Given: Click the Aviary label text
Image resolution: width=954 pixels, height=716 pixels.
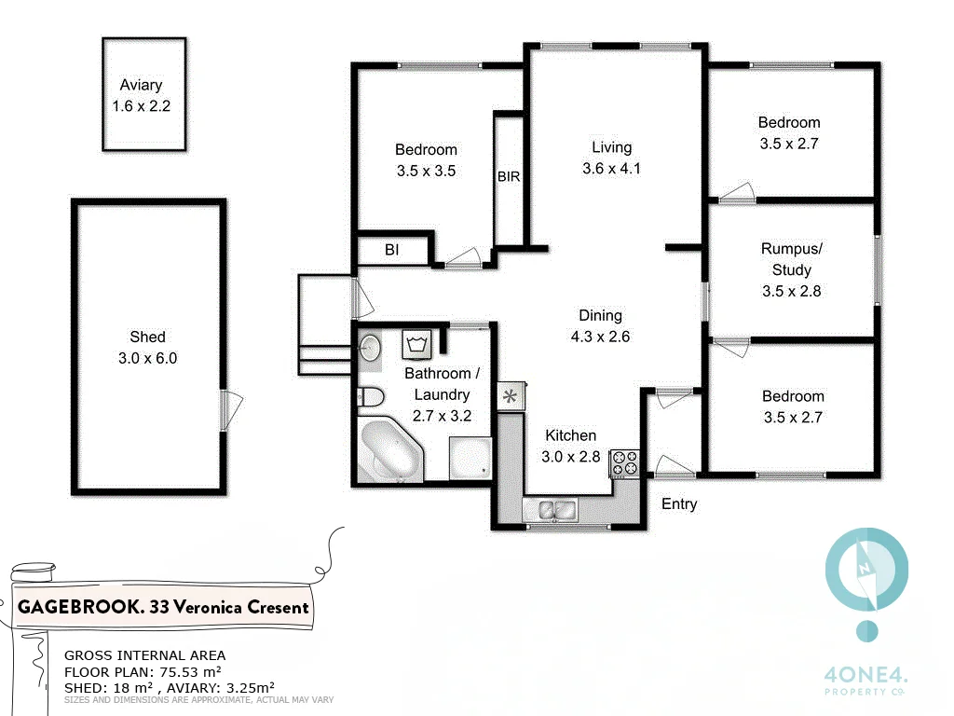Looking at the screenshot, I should (x=141, y=85).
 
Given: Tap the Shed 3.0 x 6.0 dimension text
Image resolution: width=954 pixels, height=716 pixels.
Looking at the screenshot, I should (x=147, y=358).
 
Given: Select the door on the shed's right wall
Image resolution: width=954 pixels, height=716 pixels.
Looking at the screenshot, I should (x=230, y=411).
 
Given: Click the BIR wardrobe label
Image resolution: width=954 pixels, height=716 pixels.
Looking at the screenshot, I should (x=508, y=176).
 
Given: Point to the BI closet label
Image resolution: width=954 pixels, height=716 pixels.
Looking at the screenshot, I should (x=391, y=250).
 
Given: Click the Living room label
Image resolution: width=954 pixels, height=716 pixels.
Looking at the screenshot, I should (x=611, y=147).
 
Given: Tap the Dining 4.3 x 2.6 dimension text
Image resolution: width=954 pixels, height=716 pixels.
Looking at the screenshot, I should (x=599, y=337).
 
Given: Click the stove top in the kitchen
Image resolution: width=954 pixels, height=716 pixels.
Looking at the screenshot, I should (x=624, y=463).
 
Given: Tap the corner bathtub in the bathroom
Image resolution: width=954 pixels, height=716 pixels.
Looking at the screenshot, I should (x=389, y=451).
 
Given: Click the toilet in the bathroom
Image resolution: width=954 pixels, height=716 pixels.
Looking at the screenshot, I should (x=370, y=397).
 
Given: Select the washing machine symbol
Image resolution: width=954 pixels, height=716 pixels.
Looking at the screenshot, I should (x=415, y=345).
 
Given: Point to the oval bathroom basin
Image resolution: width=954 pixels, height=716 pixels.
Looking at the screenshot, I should (x=370, y=347).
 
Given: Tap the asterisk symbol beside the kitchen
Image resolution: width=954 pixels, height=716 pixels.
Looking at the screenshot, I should (x=511, y=397).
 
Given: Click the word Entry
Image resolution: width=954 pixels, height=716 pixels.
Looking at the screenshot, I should (x=678, y=504).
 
